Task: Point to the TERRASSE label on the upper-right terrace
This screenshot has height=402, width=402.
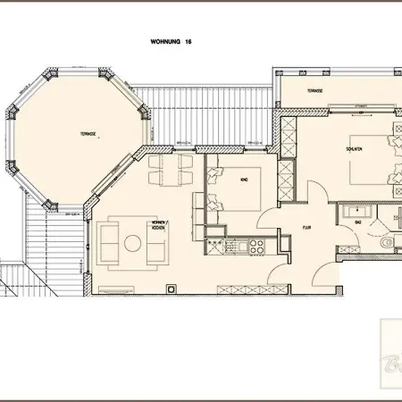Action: coord(314,91)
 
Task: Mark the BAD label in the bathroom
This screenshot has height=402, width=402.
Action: coord(357,221)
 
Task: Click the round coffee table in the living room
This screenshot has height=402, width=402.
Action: coord(133,242)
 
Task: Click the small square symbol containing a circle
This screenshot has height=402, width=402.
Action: coord(174,289)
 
